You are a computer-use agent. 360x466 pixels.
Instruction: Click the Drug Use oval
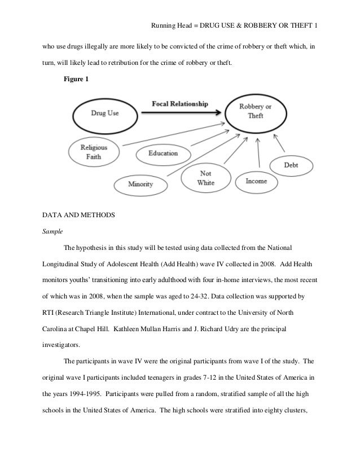pyautogui.click(x=105, y=113)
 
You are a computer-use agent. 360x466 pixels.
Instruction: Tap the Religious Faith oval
pyautogui.click(x=94, y=152)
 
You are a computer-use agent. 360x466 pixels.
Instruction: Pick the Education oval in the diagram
pyautogui.click(x=163, y=153)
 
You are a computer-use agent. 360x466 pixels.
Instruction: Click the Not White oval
pyautogui.click(x=206, y=178)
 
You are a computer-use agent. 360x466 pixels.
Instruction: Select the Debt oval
pyautogui.click(x=291, y=165)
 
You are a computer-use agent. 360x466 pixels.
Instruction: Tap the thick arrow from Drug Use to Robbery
pyautogui.click(x=181, y=113)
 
